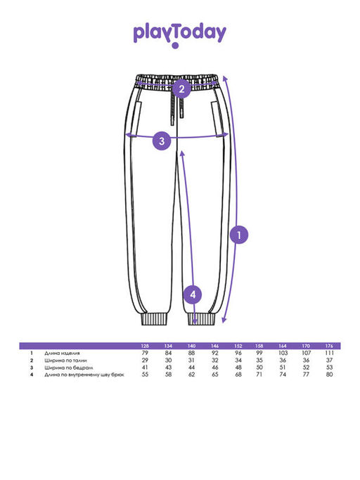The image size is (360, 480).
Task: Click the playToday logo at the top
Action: coord(180,35)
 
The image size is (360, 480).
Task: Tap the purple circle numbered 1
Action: coord(239,235)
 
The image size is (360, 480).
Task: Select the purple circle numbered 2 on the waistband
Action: coord(181,89)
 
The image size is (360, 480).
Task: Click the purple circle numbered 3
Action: coord(162,141)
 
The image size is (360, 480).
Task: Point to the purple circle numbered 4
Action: coord(193,294)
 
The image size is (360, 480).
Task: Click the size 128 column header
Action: coord(145,346)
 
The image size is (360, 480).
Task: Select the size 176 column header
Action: coord(329,346)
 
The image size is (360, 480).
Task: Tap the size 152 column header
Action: coord(238,346)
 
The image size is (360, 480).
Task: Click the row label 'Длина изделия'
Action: coord(62,353)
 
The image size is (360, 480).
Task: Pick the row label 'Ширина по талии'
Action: coord(65,361)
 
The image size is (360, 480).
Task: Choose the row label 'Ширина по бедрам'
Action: coord(69,368)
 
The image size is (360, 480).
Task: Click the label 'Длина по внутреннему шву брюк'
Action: coord(84,375)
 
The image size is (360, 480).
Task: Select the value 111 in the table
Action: coord(329,353)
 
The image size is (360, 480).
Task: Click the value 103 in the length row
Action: coord(283,353)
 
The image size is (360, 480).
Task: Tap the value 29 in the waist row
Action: coord(145,361)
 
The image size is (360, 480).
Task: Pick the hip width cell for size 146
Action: coord(215,368)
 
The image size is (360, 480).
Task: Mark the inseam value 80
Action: coord(329,375)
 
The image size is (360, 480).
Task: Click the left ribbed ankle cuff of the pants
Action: coord(155,319)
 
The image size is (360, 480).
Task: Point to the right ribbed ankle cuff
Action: coord(202,319)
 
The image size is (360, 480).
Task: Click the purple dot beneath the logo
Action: coord(175,46)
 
